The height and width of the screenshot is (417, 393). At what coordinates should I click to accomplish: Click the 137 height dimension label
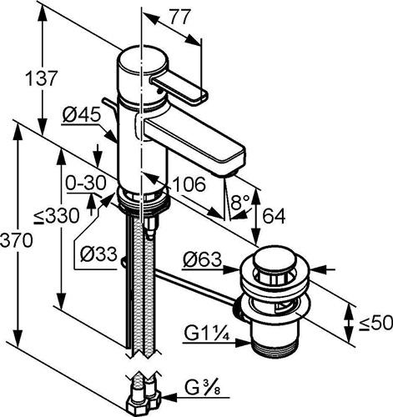[x=42, y=78]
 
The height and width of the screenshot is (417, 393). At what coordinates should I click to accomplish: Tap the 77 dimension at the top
[x=180, y=17]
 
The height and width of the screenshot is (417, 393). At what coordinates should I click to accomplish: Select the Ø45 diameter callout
[x=81, y=114]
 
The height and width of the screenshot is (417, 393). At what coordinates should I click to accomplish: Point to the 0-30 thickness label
[x=86, y=183]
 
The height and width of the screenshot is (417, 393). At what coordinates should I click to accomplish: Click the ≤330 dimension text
[x=56, y=216]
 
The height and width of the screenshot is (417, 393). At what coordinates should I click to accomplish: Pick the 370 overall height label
[x=17, y=240]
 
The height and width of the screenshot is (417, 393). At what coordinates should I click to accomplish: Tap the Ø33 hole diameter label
[x=98, y=254]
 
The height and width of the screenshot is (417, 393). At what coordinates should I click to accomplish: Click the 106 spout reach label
[x=189, y=183]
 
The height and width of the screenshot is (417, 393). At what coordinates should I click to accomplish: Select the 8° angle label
[x=240, y=202]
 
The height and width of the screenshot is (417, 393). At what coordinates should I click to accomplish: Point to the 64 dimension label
[x=274, y=216]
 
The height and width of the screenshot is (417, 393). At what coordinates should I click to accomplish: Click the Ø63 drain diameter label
[x=202, y=259]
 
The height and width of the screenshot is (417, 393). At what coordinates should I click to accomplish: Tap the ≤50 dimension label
[x=375, y=323]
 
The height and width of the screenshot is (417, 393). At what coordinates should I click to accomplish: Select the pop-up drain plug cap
[x=269, y=259]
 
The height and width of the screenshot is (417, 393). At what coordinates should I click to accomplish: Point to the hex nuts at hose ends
[x=145, y=402]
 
